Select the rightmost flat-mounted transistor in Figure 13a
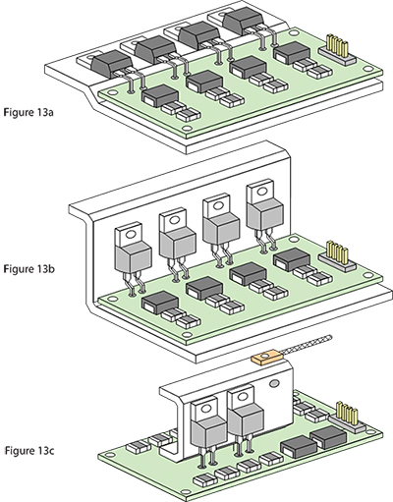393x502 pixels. point(246,25)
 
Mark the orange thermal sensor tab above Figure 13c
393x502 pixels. point(263,359)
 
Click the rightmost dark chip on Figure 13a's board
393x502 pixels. point(289,58)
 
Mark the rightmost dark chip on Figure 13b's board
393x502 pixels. point(290,259)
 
